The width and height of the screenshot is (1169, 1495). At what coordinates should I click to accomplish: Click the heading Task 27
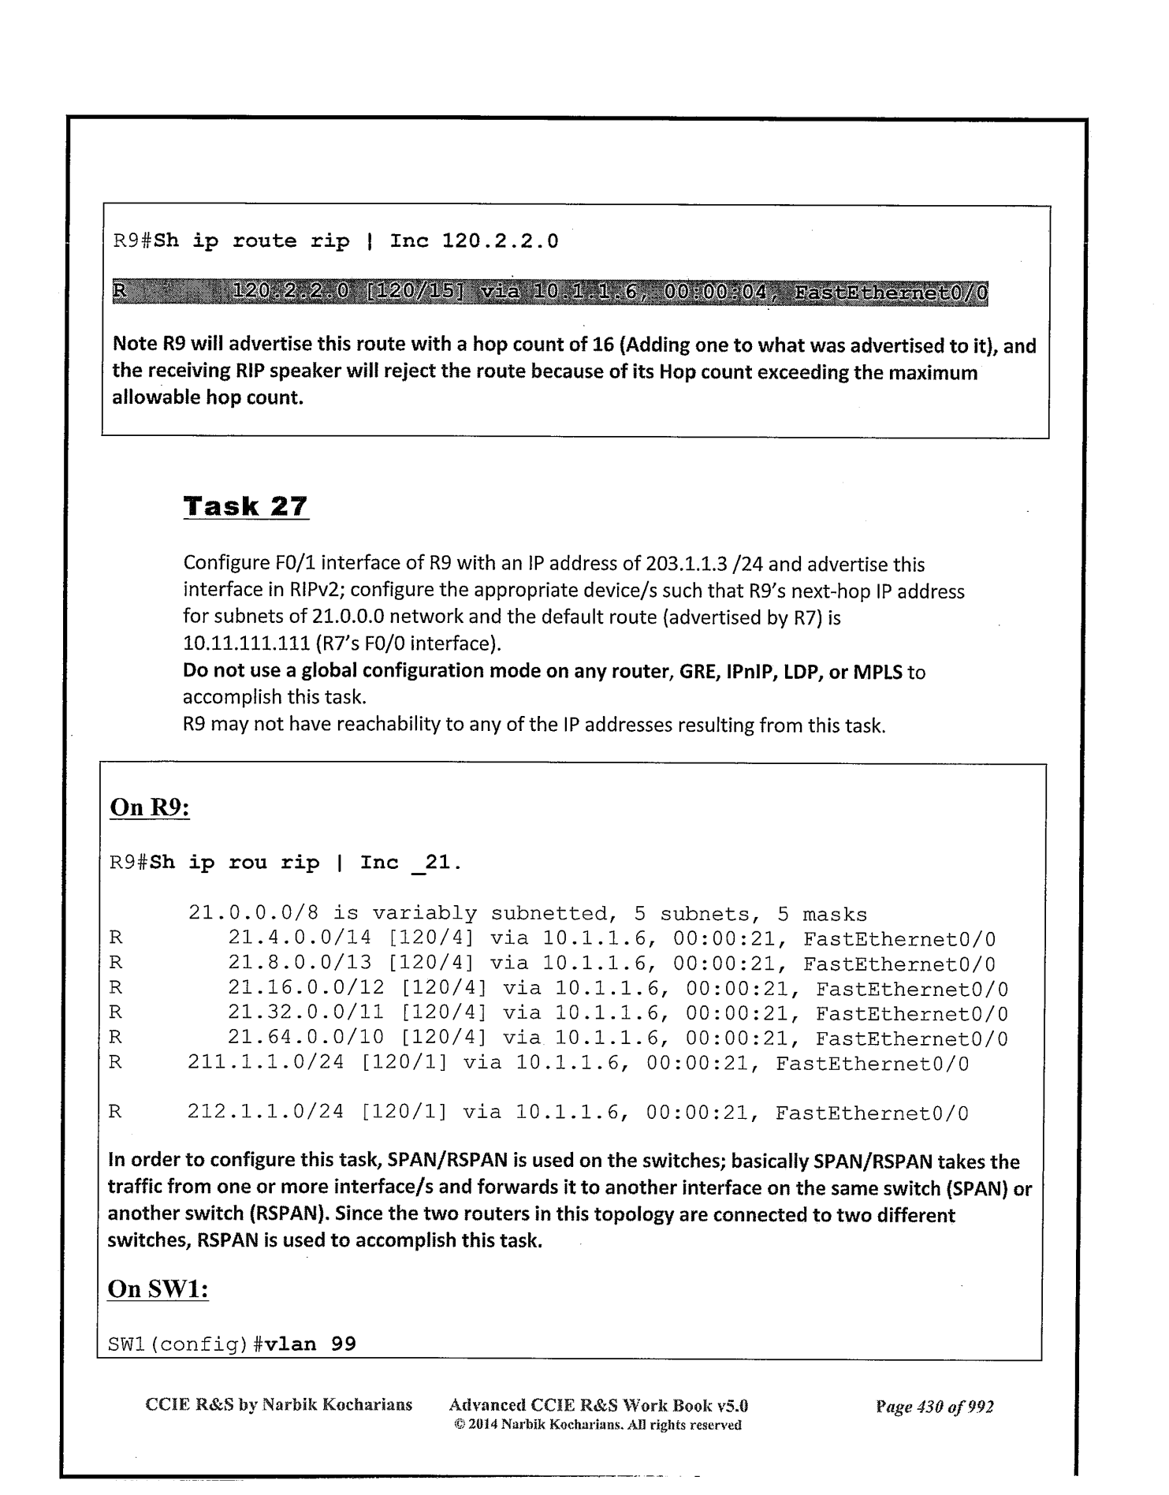coord(245,505)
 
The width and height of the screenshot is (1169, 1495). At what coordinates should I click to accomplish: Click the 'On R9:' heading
coord(148,807)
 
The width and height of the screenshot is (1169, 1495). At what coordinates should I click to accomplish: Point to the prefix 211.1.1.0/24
coord(266,1063)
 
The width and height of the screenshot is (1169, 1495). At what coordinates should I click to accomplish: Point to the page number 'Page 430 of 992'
coord(934,1407)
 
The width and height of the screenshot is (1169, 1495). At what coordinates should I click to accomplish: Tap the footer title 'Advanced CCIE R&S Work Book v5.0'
coord(598,1404)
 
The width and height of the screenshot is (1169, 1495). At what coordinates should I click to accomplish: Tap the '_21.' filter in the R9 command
coord(437,863)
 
